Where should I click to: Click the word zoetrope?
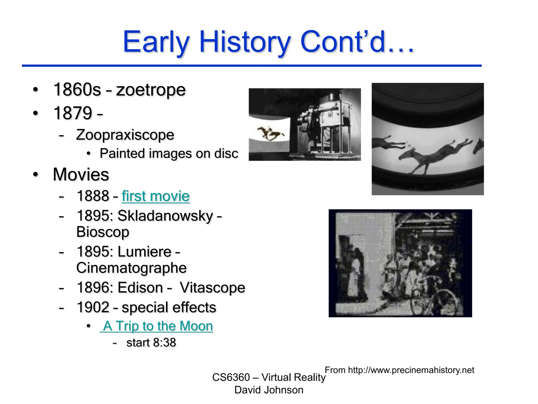(x=151, y=90)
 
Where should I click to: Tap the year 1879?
(x=73, y=113)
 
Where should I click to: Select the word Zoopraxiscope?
(x=125, y=135)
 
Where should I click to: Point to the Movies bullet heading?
(x=81, y=174)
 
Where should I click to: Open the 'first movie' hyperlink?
(x=156, y=196)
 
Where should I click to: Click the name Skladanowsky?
(x=165, y=216)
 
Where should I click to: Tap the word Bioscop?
(x=103, y=232)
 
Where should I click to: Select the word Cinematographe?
(x=131, y=268)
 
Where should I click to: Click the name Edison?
(x=140, y=287)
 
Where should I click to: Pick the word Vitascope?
(x=212, y=287)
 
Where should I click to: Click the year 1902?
(x=93, y=307)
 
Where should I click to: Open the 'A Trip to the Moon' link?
(x=157, y=326)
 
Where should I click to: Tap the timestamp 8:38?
(x=164, y=343)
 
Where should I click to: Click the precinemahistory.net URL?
(x=411, y=370)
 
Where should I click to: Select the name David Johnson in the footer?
(x=269, y=390)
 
